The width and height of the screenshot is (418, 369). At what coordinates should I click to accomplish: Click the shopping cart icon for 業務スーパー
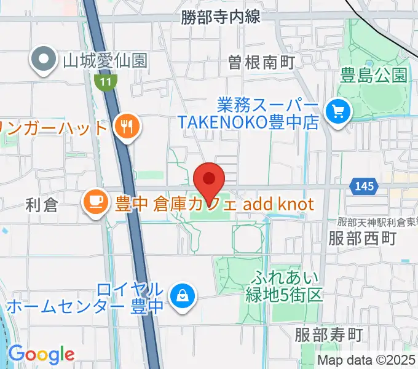click(x=337, y=111)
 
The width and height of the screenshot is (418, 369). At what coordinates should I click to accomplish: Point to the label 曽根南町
click(x=261, y=62)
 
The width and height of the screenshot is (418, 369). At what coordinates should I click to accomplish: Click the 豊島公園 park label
click(x=374, y=76)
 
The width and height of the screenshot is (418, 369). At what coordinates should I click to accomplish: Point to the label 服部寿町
click(x=329, y=335)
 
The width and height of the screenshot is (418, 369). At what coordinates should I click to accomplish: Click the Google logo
click(x=41, y=354)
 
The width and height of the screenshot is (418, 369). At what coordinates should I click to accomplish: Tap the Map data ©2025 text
click(x=366, y=360)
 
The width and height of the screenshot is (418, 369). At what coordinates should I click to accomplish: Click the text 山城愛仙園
click(x=104, y=60)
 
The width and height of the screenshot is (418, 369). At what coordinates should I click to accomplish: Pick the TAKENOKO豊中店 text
click(x=248, y=122)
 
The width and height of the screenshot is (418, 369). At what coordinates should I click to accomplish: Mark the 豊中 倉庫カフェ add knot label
click(x=213, y=203)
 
